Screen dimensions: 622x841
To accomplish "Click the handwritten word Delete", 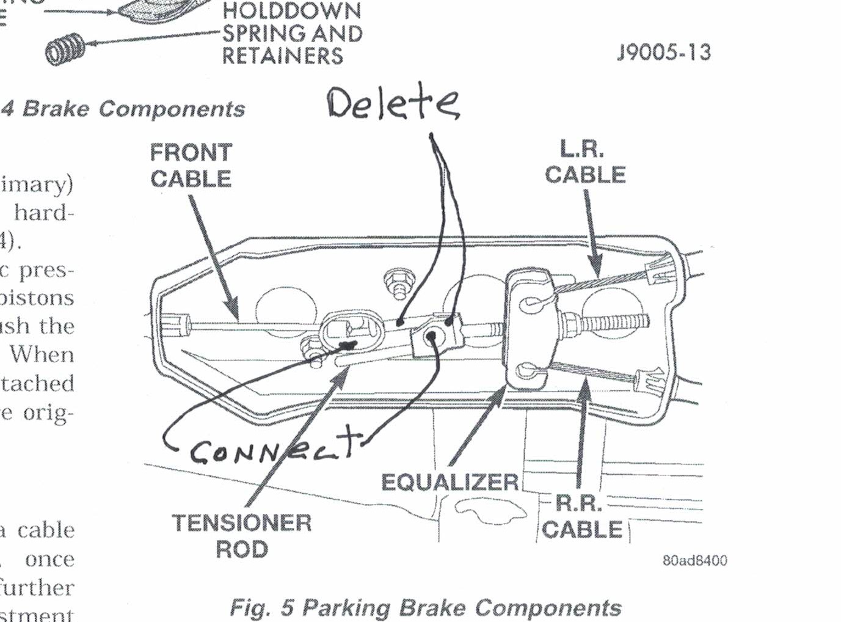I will (x=393, y=103).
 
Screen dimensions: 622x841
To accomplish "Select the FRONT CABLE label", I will (x=191, y=165).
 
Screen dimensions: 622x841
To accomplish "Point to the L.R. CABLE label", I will (x=584, y=162).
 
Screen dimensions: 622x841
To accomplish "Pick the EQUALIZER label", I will (x=450, y=482).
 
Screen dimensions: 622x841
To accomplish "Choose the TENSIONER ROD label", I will (x=242, y=536).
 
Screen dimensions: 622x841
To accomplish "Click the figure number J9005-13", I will (x=663, y=53).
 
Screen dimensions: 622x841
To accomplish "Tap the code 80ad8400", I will (x=694, y=560).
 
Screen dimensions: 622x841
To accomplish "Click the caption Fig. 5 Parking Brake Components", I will (x=425, y=608).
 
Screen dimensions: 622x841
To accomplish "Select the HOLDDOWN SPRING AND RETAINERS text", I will (x=292, y=34).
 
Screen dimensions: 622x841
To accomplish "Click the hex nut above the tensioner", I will (x=399, y=283).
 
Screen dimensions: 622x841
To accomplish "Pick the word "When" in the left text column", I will (x=42, y=354).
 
